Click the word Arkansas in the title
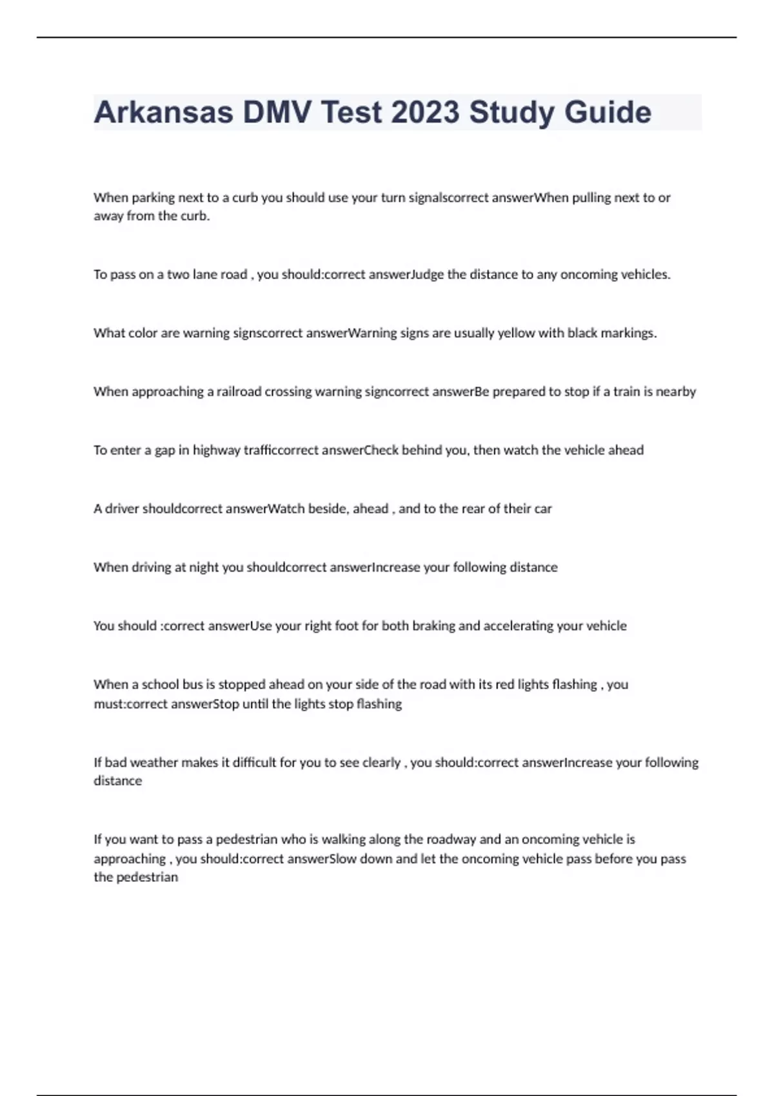coord(163,113)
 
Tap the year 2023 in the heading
coord(426,113)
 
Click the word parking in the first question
coord(153,198)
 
